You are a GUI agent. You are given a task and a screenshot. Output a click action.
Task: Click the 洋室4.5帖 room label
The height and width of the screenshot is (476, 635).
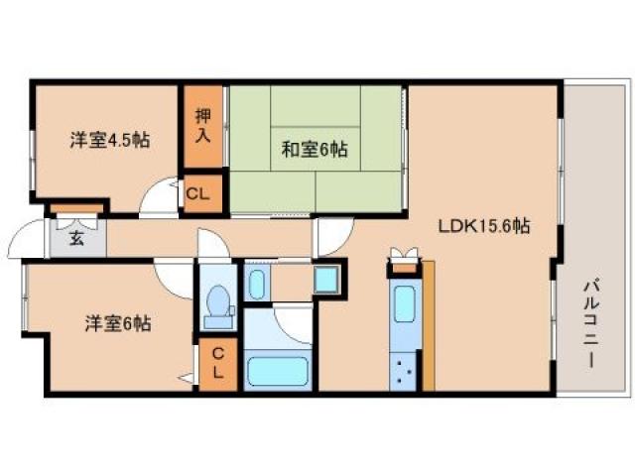(109, 141)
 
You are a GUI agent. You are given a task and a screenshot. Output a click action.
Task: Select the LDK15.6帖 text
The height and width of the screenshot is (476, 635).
(483, 225)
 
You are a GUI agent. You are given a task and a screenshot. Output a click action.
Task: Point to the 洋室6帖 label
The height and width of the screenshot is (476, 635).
(117, 322)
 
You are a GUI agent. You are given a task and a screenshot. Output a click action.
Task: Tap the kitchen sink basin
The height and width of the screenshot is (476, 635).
(404, 302)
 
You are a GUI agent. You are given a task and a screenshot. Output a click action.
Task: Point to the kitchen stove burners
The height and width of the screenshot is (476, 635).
(404, 374)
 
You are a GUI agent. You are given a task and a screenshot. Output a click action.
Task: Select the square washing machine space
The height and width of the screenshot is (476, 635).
(325, 279)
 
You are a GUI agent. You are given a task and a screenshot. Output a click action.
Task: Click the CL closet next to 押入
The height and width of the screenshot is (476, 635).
(198, 194)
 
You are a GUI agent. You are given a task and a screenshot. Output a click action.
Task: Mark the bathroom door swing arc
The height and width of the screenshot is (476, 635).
(294, 320)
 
